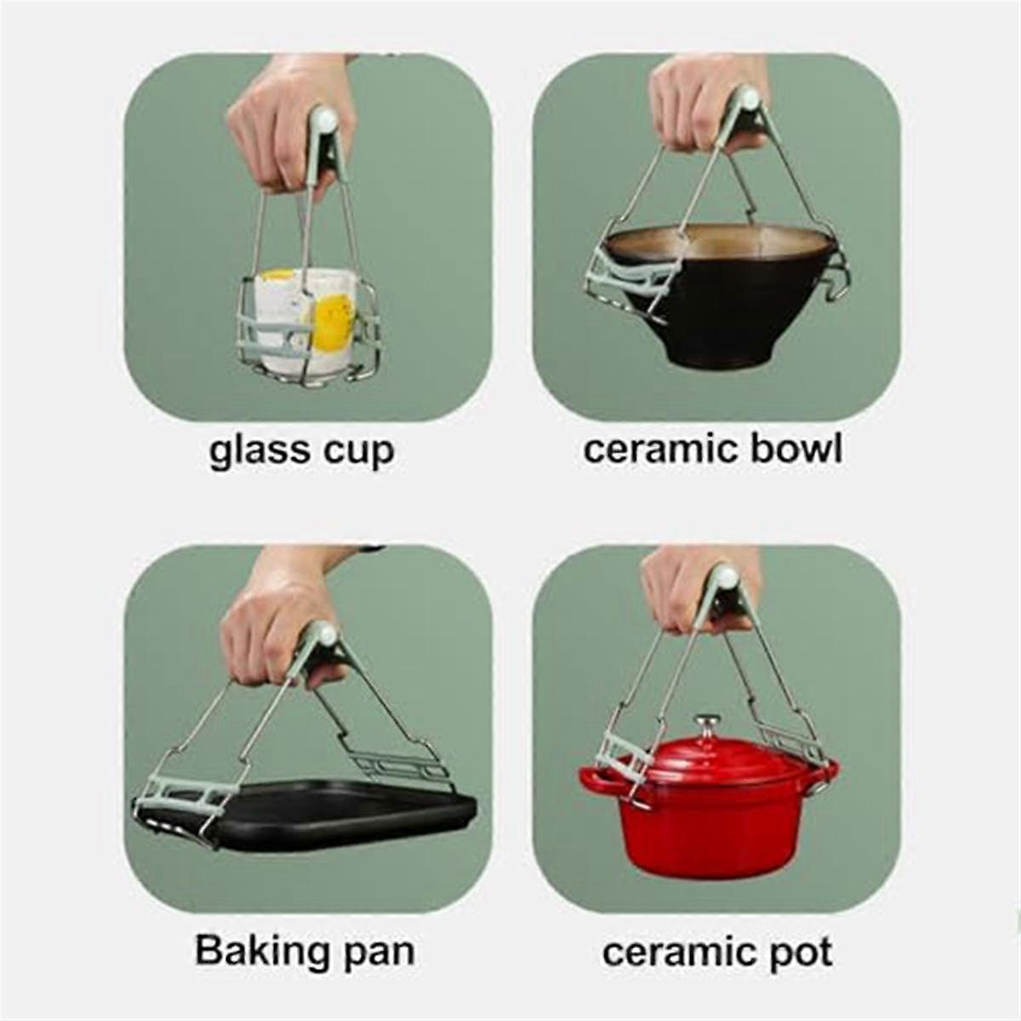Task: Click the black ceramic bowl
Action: pyautogui.click(x=732, y=315)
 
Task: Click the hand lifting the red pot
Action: pyautogui.click(x=681, y=587)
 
